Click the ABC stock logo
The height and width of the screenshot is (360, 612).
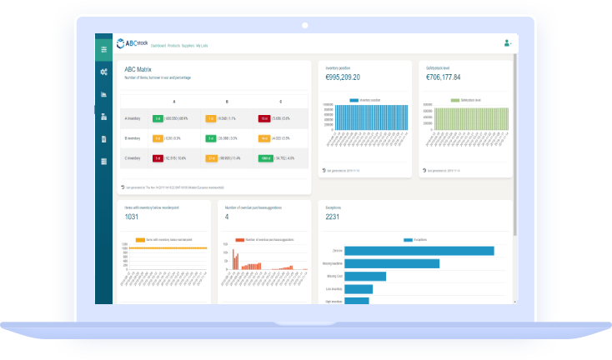pos(132,43)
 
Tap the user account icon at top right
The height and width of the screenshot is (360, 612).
pos(506,42)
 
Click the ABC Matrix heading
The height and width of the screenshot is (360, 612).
pos(143,69)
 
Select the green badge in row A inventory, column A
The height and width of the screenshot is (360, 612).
pos(157,118)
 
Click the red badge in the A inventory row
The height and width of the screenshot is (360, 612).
pos(263,118)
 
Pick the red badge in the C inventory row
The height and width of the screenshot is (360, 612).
pos(157,157)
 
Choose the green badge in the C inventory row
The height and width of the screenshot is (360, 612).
pos(264,157)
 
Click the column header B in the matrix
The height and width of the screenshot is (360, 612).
pos(215,100)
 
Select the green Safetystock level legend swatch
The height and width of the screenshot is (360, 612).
pos(454,100)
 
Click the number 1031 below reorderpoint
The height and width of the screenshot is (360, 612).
pos(132,217)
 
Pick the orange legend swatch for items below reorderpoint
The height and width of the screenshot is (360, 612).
pos(140,239)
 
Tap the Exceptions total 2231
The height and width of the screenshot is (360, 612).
pos(332,217)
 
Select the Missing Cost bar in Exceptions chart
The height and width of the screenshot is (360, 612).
pos(365,277)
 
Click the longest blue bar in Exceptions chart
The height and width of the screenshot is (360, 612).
pos(419,251)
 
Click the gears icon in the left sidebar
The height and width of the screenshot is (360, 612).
pos(103,72)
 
